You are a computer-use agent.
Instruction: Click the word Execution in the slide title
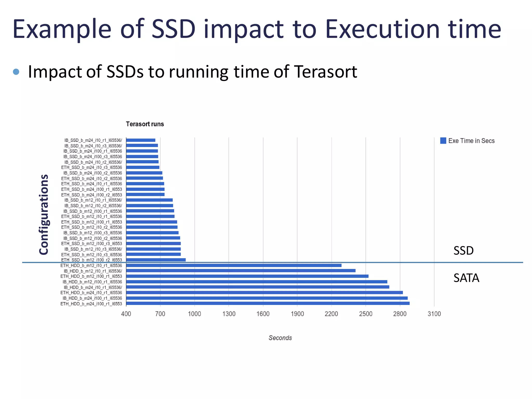[x=382, y=29]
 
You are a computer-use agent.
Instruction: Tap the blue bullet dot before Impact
[x=16, y=72]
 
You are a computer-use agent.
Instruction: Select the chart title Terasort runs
[x=145, y=124]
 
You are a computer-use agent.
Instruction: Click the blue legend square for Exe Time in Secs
[x=443, y=141]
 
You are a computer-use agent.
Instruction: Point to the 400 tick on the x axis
[x=126, y=314]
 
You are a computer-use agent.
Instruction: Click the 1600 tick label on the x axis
[x=263, y=314]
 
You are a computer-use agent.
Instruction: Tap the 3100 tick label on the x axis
[x=434, y=314]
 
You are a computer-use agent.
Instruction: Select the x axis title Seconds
[x=280, y=338]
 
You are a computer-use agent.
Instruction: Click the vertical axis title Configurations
[x=44, y=214]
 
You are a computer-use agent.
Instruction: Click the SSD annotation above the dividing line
[x=463, y=251]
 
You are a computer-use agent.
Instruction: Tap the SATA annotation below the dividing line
[x=466, y=278]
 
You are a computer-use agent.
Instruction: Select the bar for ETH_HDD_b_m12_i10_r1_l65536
[x=234, y=265]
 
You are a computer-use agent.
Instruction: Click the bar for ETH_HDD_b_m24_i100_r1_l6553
[x=268, y=303]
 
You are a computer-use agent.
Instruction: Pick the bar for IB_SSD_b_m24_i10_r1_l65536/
[x=141, y=140]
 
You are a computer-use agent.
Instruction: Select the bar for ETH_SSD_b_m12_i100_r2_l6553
[x=156, y=260]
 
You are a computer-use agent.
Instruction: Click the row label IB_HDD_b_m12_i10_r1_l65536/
[x=93, y=271]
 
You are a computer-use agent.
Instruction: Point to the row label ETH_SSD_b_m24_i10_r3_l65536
[x=91, y=167]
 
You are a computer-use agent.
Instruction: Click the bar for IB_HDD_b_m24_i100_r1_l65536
[x=267, y=298]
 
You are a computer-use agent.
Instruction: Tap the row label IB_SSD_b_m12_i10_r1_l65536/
[x=93, y=200]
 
